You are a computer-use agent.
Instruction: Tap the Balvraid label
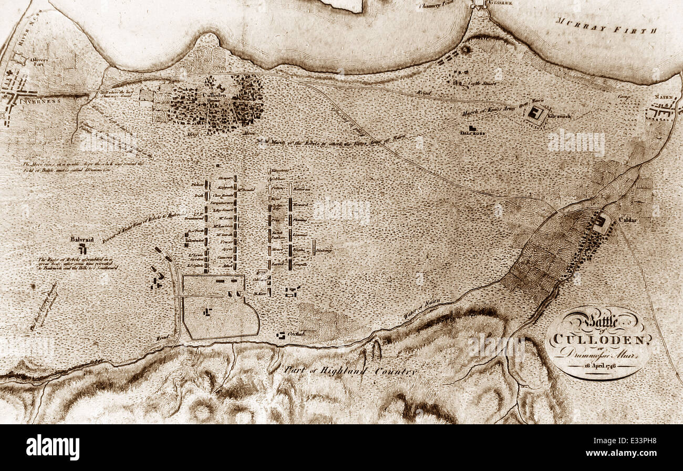tap(82, 239)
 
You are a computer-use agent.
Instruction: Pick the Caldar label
tap(628, 219)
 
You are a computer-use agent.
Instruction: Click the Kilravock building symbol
tap(537, 113)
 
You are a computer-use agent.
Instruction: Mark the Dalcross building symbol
tap(472, 128)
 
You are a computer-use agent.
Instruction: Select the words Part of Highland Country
tap(350, 370)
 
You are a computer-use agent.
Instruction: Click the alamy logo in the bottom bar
tap(53, 447)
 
